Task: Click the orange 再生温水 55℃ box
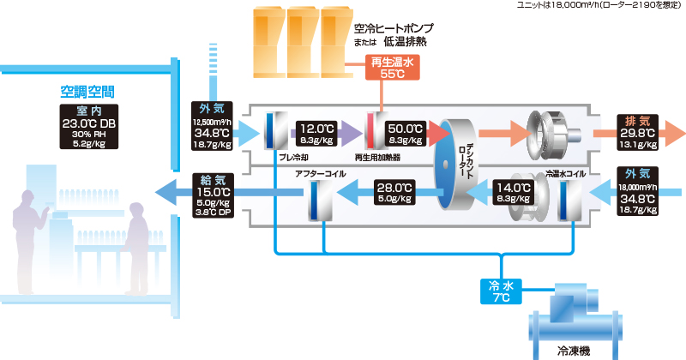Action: (x=393, y=68)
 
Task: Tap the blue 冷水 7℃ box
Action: (x=501, y=291)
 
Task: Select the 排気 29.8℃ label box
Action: (x=637, y=133)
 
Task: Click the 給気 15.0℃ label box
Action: (x=213, y=195)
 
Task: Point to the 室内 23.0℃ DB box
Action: (x=89, y=127)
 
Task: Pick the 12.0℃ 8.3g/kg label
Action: (x=316, y=134)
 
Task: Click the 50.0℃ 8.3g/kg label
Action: (x=405, y=134)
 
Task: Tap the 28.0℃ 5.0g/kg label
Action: (x=394, y=193)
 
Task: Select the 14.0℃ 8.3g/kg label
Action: (x=514, y=193)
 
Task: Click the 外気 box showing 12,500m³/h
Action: (x=212, y=126)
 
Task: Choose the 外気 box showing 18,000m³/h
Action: (x=637, y=191)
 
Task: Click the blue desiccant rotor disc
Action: (x=445, y=165)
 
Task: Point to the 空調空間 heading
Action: (x=87, y=92)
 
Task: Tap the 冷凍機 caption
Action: (x=574, y=351)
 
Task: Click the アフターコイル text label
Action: (x=320, y=174)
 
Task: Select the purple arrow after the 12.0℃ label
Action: (x=351, y=134)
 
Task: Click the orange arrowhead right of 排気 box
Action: (x=675, y=133)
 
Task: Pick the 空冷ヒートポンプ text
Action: (x=394, y=28)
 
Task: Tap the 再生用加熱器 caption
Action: (x=377, y=158)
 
